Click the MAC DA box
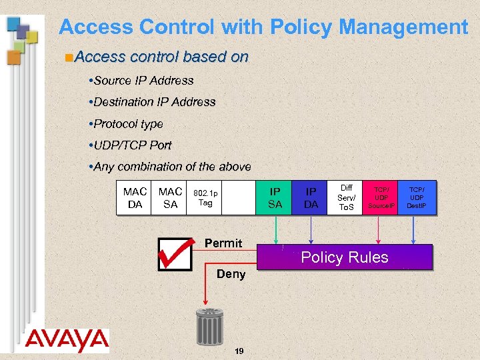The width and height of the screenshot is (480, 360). click(x=135, y=198)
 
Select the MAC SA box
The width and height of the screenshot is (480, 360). click(x=170, y=198)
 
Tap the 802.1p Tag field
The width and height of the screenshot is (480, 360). click(x=205, y=198)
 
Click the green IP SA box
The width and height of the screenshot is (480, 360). click(x=275, y=198)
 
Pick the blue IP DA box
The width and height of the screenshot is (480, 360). click(x=311, y=198)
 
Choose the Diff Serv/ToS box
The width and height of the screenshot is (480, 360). click(x=347, y=198)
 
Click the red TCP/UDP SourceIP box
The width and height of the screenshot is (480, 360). click(x=382, y=198)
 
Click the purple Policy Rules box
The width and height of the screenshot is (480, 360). click(x=345, y=257)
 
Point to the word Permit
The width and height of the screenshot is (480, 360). click(x=223, y=243)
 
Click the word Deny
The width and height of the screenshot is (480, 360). click(x=231, y=274)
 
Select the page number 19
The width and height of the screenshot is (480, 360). click(x=239, y=351)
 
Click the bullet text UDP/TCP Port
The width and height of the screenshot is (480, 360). click(x=133, y=145)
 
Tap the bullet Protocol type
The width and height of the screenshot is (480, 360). click(x=128, y=124)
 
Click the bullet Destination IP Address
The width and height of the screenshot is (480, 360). click(x=155, y=102)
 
